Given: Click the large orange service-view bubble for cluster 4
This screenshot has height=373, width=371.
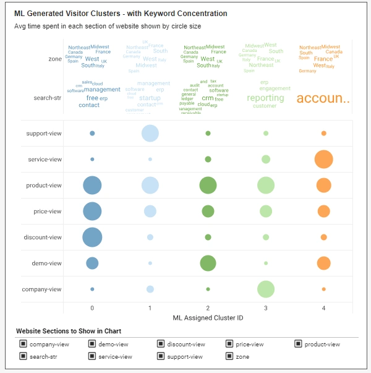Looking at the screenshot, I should (323, 159).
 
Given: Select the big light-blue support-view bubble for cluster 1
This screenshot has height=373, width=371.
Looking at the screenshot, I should (150, 133).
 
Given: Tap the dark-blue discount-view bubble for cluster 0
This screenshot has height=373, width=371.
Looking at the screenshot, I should (92, 237).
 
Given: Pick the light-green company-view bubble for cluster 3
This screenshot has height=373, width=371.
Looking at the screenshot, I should (266, 289).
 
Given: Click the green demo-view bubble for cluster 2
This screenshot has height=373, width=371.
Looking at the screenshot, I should (208, 263).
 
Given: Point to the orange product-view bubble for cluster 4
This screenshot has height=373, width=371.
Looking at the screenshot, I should (323, 185).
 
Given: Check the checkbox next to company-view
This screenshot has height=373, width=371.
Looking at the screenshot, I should (23, 344).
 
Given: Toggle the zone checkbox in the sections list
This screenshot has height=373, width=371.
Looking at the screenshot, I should (229, 356).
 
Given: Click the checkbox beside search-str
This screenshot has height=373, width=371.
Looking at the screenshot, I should (23, 356).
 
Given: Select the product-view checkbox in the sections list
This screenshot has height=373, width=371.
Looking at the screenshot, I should (298, 344).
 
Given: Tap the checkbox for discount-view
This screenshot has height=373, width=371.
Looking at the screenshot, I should (161, 344).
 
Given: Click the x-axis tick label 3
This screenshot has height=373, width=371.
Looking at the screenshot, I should (266, 307).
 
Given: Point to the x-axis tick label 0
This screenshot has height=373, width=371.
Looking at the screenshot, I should (92, 307).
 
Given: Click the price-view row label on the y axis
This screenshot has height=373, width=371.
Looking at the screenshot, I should (48, 212).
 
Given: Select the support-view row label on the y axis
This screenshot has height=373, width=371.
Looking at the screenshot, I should (44, 134).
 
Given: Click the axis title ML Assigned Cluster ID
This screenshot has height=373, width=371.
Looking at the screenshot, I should (208, 317).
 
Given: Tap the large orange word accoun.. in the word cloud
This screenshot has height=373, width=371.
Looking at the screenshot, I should (323, 98).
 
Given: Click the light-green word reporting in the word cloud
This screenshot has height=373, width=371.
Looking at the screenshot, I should (265, 98).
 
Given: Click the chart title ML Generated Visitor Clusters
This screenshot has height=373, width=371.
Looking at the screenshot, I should (120, 14).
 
